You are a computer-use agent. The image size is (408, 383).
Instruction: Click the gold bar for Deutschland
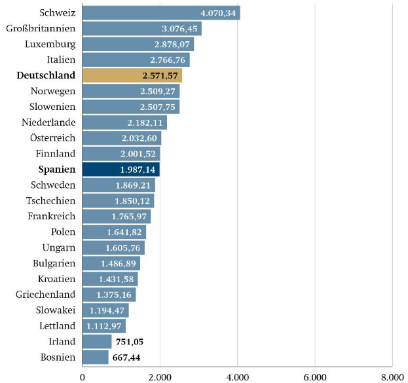(132, 75)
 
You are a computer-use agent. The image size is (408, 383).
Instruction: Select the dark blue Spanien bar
(121, 170)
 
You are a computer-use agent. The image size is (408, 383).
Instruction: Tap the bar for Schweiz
(160, 13)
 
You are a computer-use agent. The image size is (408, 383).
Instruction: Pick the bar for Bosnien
(95, 357)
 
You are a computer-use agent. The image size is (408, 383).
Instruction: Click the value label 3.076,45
(178, 29)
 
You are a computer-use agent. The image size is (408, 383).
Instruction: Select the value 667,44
(127, 357)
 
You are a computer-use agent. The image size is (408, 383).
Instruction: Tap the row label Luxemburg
(50, 45)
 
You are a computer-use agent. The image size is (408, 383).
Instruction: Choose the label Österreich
(52, 138)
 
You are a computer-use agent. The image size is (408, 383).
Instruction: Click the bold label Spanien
(55, 170)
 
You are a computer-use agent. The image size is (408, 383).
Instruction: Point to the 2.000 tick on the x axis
(160, 376)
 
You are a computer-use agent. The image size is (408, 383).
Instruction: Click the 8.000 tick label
(392, 376)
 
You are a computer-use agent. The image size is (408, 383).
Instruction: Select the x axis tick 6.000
(314, 376)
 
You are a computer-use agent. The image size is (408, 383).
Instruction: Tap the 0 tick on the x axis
(83, 376)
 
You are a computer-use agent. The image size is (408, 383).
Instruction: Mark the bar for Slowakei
(105, 310)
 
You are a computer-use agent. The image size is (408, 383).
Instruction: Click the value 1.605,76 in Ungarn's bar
(124, 248)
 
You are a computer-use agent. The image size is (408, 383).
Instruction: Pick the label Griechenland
(45, 295)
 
